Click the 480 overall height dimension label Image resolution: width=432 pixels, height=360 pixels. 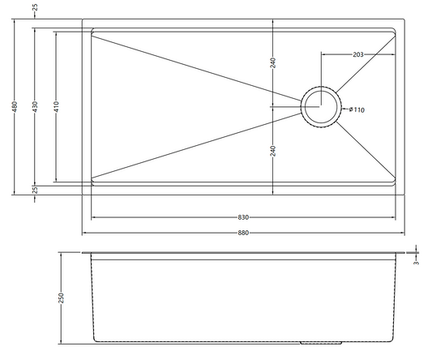click(15, 107)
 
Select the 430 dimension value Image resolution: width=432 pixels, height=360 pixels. click(35, 107)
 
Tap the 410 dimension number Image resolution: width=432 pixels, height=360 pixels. click(56, 107)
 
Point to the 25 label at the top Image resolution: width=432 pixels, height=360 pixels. click(35, 7)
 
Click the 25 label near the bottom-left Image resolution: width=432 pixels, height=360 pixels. click(35, 190)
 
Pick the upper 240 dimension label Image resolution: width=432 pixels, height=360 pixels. click(273, 63)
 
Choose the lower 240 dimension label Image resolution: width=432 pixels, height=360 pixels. click(273, 151)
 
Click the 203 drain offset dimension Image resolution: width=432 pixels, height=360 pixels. click(358, 54)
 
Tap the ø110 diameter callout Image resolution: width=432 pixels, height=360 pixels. click(357, 109)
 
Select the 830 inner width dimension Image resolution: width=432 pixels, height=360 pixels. click(243, 217)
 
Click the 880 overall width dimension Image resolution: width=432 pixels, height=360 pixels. click(243, 233)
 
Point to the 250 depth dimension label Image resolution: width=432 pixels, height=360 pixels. click(61, 298)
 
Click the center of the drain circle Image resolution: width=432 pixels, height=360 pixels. click(321, 106)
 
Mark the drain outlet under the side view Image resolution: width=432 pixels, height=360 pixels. click(321, 343)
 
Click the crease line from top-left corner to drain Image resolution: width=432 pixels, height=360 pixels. click(197, 68)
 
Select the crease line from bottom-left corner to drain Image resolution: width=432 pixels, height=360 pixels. click(197, 145)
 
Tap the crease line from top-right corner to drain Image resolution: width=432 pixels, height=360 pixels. click(366, 65)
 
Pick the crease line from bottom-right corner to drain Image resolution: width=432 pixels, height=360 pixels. click(366, 149)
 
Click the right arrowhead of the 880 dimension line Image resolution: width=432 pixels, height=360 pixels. click(403, 233)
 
